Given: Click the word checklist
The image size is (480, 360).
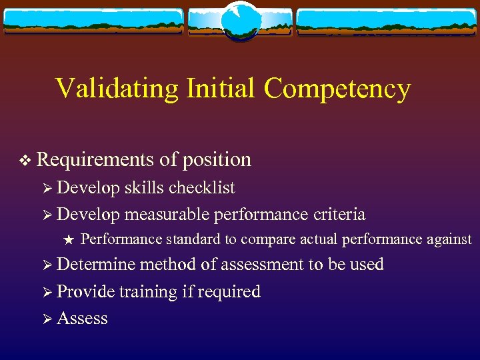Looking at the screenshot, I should [x=201, y=188].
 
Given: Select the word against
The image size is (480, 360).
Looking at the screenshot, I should [x=448, y=239].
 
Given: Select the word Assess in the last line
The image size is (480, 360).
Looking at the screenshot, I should [x=82, y=319].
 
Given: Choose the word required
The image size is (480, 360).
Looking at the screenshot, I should [x=228, y=292].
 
